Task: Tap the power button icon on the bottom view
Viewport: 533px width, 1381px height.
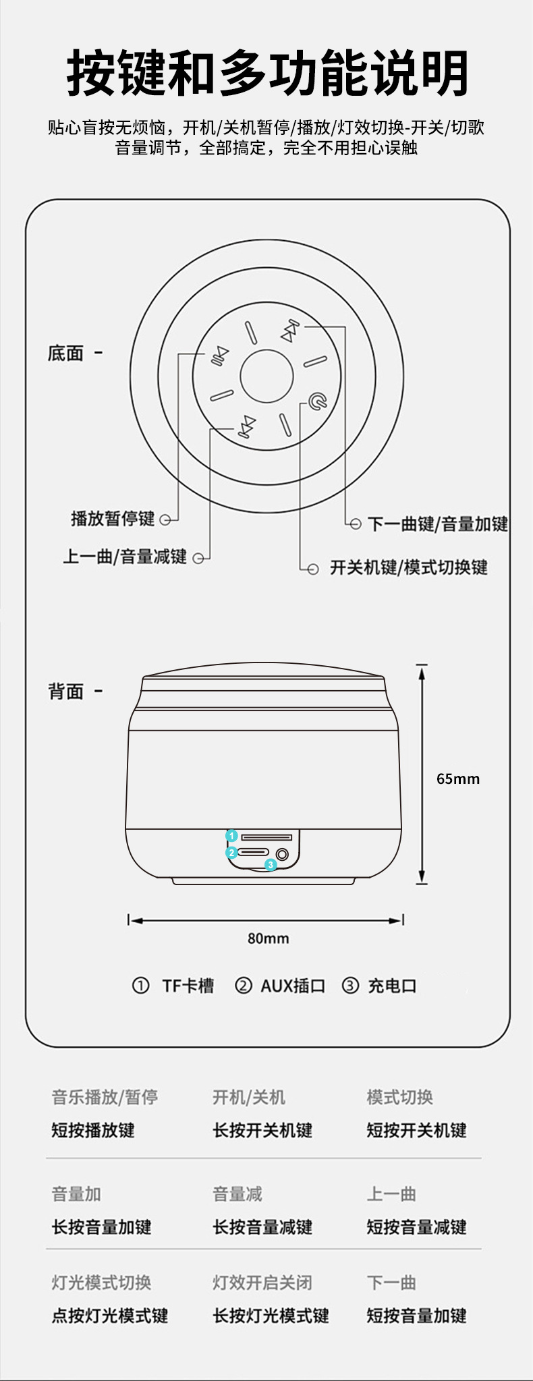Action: (x=318, y=403)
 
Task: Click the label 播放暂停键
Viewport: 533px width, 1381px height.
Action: (x=113, y=519)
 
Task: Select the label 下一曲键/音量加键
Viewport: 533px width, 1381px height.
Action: (x=438, y=524)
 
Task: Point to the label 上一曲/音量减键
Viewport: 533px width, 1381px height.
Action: (x=125, y=557)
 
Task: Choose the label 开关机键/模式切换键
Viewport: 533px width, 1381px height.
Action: (x=408, y=567)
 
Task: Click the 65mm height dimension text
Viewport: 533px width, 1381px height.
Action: (x=457, y=779)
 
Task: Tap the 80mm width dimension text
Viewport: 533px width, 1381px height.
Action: (x=268, y=938)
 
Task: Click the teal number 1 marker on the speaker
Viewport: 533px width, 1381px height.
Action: (x=231, y=836)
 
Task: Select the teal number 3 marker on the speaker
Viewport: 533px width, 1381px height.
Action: (x=271, y=864)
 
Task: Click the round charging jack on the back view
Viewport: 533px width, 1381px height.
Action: (x=282, y=855)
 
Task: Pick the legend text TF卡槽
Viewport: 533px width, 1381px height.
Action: (x=188, y=986)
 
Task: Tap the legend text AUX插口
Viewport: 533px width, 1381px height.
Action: (x=293, y=986)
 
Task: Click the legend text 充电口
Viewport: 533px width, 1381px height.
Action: (x=392, y=986)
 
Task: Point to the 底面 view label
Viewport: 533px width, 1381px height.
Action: (x=65, y=353)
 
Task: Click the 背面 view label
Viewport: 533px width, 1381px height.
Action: (x=65, y=692)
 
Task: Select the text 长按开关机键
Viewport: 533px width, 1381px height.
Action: (x=262, y=1130)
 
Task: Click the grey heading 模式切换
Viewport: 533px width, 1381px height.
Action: (x=399, y=1097)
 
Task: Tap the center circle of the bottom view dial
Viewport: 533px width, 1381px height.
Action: (x=266, y=376)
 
